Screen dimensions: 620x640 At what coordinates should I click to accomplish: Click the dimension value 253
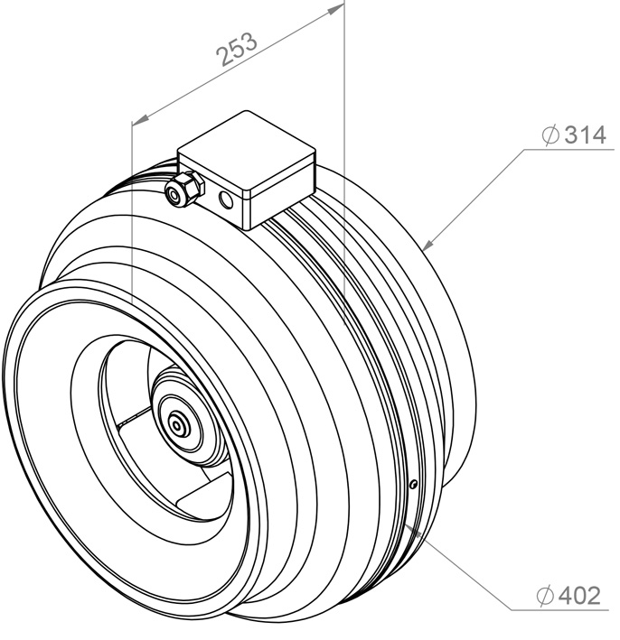[237, 49]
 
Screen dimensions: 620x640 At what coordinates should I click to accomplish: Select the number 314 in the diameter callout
[585, 135]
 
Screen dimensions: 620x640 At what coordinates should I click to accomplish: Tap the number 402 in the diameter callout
[580, 596]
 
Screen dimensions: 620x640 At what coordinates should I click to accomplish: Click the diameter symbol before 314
[550, 134]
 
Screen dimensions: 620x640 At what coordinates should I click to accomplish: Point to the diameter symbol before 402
[545, 596]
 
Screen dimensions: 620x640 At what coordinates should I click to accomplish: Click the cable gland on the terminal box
[183, 189]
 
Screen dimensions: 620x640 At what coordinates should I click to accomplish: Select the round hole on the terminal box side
[227, 199]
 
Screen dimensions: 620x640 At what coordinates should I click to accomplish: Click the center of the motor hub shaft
[177, 426]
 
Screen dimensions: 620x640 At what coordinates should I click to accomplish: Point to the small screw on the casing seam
[414, 484]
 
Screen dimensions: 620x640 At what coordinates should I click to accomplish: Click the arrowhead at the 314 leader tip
[427, 244]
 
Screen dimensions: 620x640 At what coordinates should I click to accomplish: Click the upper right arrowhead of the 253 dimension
[337, 9]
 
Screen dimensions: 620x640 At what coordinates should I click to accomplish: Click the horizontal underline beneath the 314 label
[568, 149]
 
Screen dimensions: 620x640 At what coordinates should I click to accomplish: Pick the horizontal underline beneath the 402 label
[559, 610]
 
